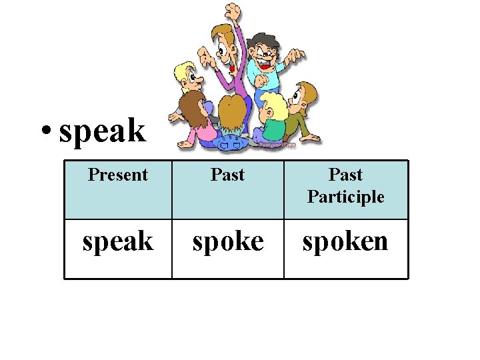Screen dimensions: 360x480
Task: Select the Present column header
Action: [117, 175]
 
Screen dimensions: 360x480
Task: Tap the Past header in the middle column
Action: [227, 175]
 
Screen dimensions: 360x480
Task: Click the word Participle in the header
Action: [345, 197]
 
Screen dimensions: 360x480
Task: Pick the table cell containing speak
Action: [117, 241]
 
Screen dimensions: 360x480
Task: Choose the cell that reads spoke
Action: [227, 241]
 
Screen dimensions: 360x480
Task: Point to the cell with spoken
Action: [345, 241]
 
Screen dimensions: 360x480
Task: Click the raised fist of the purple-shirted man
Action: [233, 11]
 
